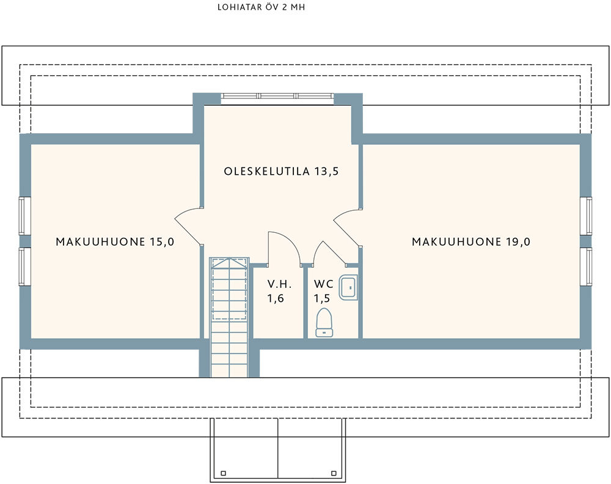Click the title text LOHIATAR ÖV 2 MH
[x=261, y=7]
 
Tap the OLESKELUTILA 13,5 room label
[x=281, y=171]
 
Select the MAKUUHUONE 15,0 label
[x=115, y=241]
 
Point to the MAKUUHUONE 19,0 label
[x=471, y=241]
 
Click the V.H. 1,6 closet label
[x=279, y=291]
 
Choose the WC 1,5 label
[x=323, y=291]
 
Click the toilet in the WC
[x=324, y=322]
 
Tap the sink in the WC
[x=348, y=287]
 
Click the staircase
[x=229, y=317]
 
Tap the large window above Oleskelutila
[x=277, y=96]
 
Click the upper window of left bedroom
[x=24, y=216]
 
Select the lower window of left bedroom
[x=24, y=266]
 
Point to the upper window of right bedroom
[x=586, y=216]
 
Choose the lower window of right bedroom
[x=586, y=266]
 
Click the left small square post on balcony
[x=223, y=473]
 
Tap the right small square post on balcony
[x=334, y=473]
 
